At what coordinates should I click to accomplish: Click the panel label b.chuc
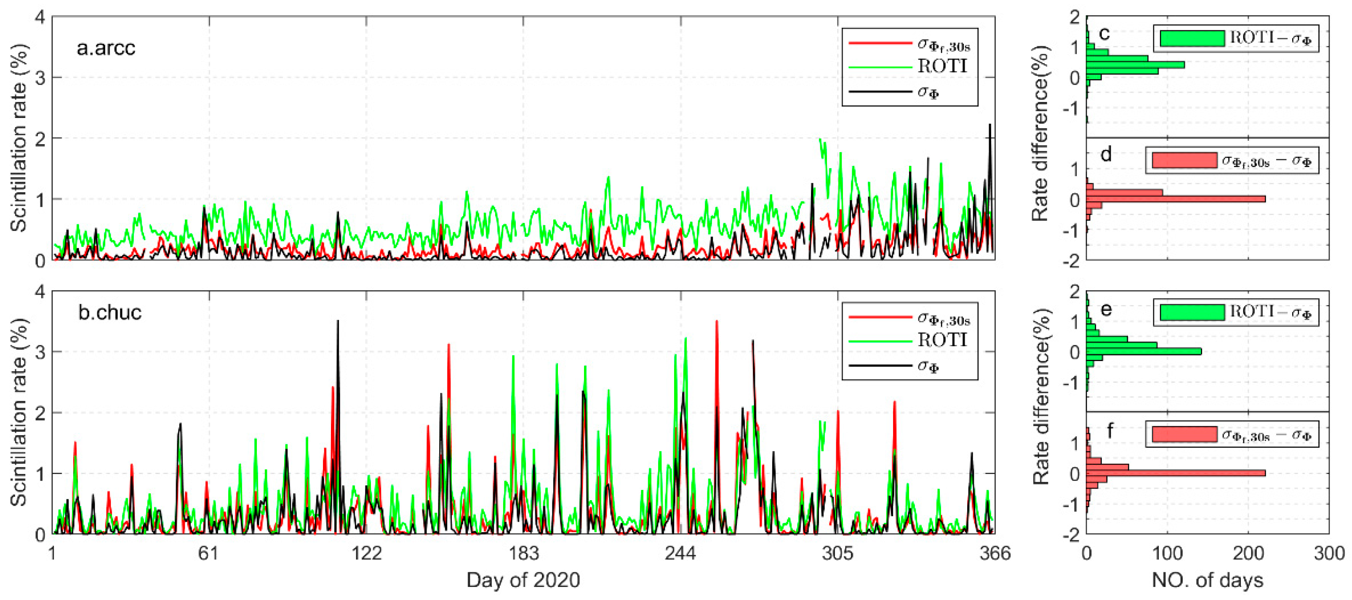110,313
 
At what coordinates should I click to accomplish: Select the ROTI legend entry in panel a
942,67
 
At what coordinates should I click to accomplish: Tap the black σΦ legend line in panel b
880,366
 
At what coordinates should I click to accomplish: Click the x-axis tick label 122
366,553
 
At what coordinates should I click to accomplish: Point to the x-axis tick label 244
681,553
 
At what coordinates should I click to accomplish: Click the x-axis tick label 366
995,553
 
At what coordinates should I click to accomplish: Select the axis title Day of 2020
523,581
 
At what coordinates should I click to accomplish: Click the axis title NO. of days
1207,581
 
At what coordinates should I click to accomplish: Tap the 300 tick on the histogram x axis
1329,553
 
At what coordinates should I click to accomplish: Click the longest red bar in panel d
1176,199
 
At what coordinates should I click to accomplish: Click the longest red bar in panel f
1176,473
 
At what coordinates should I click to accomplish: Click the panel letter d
1106,155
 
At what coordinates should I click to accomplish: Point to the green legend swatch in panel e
1192,313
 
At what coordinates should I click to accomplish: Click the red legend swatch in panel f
1184,434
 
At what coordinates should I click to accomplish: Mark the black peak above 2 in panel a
990,126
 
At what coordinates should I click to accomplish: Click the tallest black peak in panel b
338,322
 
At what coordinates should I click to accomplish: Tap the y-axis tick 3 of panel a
40,78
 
